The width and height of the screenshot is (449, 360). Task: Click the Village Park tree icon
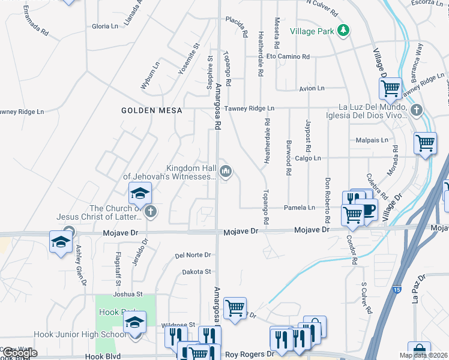(x=343, y=31)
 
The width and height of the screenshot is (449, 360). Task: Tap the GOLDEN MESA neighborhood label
(x=147, y=110)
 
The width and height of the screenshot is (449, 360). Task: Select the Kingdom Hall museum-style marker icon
(x=226, y=172)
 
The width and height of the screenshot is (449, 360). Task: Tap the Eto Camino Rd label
(x=288, y=57)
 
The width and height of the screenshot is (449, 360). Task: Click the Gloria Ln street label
(x=105, y=26)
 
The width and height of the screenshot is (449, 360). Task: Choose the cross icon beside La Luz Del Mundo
(x=417, y=110)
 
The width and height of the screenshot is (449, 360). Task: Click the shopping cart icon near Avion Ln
(x=390, y=89)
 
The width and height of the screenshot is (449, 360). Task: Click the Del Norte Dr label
(x=193, y=255)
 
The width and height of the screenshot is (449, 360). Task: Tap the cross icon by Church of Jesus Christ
(x=150, y=211)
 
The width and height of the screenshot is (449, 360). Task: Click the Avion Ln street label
(x=312, y=88)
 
